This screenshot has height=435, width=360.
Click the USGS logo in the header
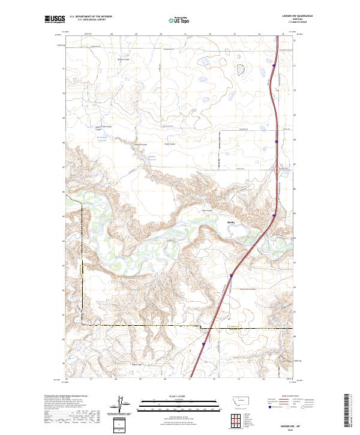(x=55, y=20)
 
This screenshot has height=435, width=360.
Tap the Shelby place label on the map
(x=230, y=221)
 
